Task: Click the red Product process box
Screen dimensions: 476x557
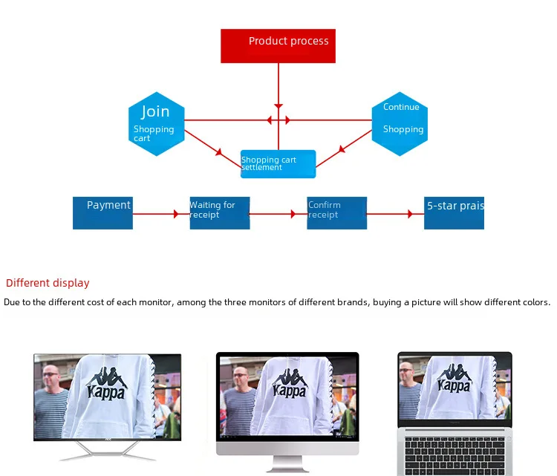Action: tap(278, 46)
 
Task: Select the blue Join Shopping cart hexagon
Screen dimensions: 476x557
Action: tap(156, 124)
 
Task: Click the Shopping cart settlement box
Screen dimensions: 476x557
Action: tap(278, 164)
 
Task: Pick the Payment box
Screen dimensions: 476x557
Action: tap(102, 213)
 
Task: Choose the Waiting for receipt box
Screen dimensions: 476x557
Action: tap(219, 213)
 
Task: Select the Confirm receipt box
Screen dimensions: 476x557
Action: tap(336, 213)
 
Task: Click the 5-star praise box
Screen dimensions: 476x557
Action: tap(455, 213)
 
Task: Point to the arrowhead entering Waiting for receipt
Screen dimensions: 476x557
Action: tap(177, 214)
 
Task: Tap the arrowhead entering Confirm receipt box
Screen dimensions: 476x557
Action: tap(294, 214)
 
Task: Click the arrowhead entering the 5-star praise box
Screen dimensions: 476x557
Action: tap(411, 214)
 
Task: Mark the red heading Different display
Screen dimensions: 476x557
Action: tap(48, 283)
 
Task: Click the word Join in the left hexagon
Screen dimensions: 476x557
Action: tap(155, 111)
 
